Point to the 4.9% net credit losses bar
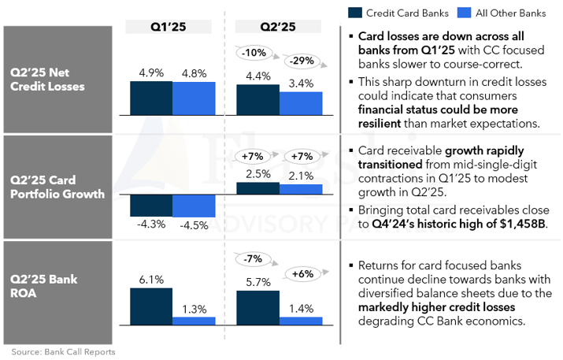(150, 98)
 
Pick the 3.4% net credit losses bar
(301, 104)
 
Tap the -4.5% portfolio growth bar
(194, 206)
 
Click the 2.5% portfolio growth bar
(257, 188)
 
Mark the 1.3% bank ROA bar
(194, 320)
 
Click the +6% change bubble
(302, 273)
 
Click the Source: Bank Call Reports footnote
(63, 351)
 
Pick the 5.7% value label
(258, 282)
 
